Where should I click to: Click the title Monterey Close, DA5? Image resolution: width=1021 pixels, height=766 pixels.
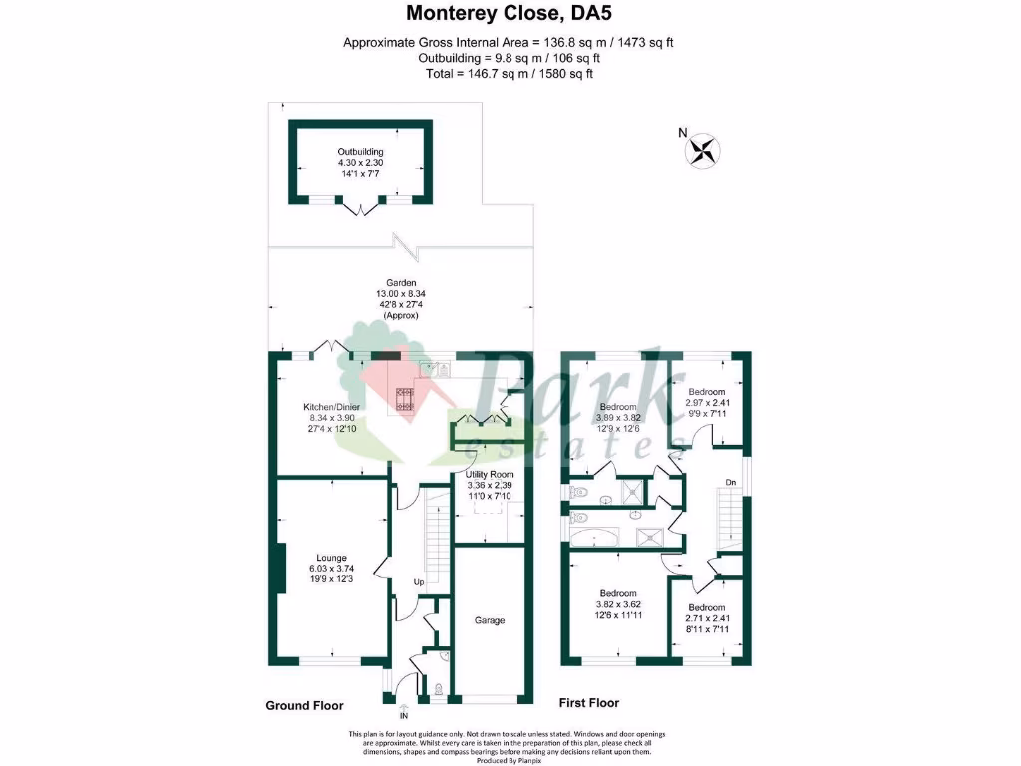[x=510, y=15]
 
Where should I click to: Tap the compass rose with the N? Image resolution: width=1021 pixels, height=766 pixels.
[x=703, y=150]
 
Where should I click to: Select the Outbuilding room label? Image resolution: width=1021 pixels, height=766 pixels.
[x=360, y=151]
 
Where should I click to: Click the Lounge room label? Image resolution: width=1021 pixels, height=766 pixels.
[x=331, y=558]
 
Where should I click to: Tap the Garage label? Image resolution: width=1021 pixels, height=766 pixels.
[x=489, y=620]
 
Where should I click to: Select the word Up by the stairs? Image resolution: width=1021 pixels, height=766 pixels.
[x=420, y=582]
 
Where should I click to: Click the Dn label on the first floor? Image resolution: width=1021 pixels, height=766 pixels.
[x=731, y=484]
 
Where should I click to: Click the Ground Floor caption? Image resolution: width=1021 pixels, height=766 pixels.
[x=304, y=705]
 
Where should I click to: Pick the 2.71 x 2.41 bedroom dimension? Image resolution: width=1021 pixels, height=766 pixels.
[x=706, y=618]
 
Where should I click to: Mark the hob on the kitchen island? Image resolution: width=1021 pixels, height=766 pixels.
[x=406, y=399]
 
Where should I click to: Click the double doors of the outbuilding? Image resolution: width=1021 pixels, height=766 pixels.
[x=360, y=206]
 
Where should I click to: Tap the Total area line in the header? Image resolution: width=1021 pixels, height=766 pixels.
[x=510, y=74]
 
